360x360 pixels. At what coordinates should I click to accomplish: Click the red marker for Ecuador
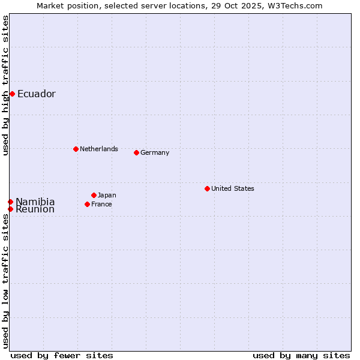(12, 94)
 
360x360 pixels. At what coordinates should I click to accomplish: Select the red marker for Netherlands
(76, 149)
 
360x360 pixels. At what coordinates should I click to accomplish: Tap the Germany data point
(136, 152)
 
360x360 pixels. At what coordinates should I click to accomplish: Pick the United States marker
(207, 188)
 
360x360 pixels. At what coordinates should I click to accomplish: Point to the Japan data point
(94, 195)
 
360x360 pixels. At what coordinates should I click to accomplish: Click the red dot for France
(87, 204)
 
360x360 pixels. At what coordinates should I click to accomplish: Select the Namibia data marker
(10, 202)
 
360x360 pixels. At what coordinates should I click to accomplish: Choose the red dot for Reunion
(10, 209)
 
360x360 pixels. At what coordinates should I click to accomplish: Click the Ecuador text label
(36, 94)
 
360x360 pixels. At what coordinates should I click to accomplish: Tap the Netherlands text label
(98, 149)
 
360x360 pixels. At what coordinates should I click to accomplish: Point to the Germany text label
(155, 152)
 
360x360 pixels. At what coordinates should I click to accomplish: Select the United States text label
(232, 188)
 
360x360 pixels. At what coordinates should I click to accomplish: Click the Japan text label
(107, 195)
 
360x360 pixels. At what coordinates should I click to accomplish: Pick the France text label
(101, 204)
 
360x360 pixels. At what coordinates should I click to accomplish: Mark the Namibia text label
(35, 202)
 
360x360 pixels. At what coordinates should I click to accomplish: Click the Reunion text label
(35, 209)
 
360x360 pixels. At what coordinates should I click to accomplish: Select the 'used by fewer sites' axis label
(62, 355)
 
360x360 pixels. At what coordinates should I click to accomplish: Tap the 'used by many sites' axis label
(301, 355)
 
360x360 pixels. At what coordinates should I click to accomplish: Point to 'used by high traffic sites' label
(5, 85)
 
